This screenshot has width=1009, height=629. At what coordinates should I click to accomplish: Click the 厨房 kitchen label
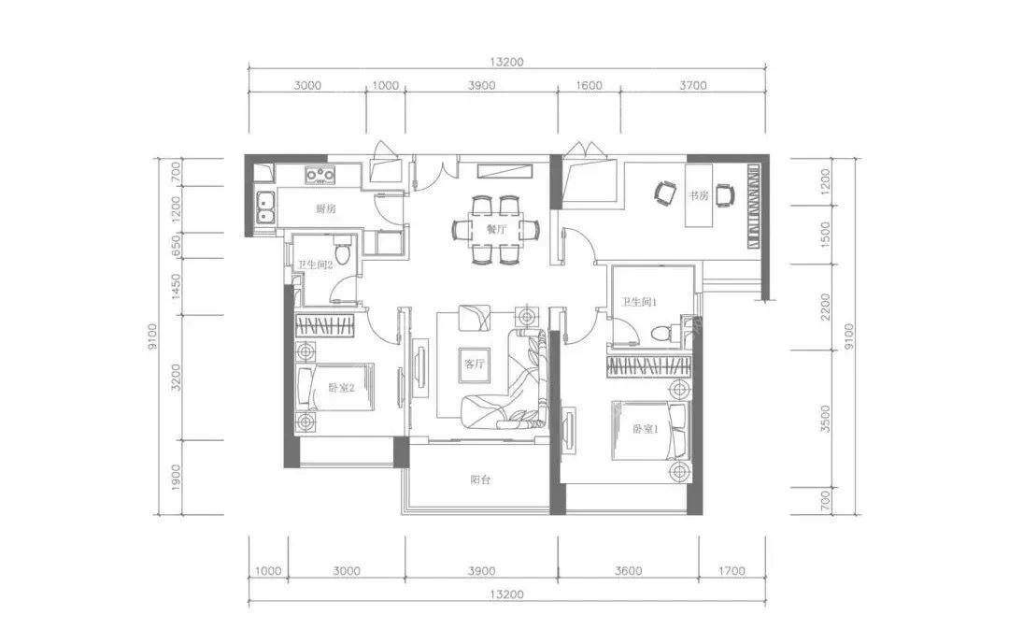[326, 208]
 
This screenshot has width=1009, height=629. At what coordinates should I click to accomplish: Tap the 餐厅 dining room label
[496, 229]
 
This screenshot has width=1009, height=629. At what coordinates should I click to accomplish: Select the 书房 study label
[698, 195]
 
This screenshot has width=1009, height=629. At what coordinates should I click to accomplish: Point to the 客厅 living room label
[475, 364]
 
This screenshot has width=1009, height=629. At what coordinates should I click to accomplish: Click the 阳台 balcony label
[480, 479]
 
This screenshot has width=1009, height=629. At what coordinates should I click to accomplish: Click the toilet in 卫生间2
[344, 251]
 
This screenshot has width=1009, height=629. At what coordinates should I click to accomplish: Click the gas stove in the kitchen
[320, 175]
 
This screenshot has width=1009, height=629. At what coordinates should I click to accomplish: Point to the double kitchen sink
[265, 207]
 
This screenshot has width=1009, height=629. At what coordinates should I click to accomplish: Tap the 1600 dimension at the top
[589, 85]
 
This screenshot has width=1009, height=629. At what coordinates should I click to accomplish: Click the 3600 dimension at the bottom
[628, 570]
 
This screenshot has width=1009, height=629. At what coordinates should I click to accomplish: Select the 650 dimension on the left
[176, 246]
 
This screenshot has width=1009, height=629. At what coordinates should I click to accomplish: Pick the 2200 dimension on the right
[826, 307]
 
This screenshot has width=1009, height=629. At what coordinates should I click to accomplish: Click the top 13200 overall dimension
[507, 62]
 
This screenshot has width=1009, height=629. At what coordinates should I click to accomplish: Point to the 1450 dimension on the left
[176, 287]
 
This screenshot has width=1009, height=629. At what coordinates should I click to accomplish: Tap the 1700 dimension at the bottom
[732, 570]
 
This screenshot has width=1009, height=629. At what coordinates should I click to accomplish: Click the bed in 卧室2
[334, 387]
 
